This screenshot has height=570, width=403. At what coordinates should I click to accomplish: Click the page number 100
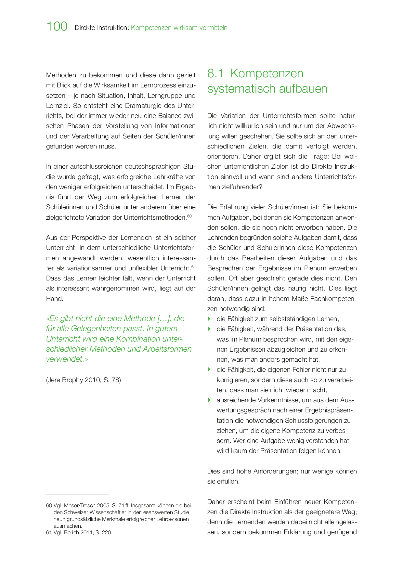click(x=57, y=26)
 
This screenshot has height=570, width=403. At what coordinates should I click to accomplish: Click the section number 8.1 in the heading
click(x=215, y=73)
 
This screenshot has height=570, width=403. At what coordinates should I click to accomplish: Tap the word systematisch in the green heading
click(x=240, y=89)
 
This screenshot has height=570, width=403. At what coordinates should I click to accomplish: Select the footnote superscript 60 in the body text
click(x=189, y=216)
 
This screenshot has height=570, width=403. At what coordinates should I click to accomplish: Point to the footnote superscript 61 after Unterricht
click(x=193, y=266)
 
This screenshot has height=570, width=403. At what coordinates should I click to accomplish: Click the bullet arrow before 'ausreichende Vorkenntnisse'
click(x=209, y=400)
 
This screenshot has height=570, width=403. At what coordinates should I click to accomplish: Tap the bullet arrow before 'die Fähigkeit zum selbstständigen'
click(x=209, y=319)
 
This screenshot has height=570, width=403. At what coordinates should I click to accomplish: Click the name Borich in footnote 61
click(x=73, y=533)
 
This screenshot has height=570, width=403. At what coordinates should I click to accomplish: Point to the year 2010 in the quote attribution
click(x=93, y=380)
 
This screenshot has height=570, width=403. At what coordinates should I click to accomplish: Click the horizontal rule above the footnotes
click(x=78, y=495)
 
